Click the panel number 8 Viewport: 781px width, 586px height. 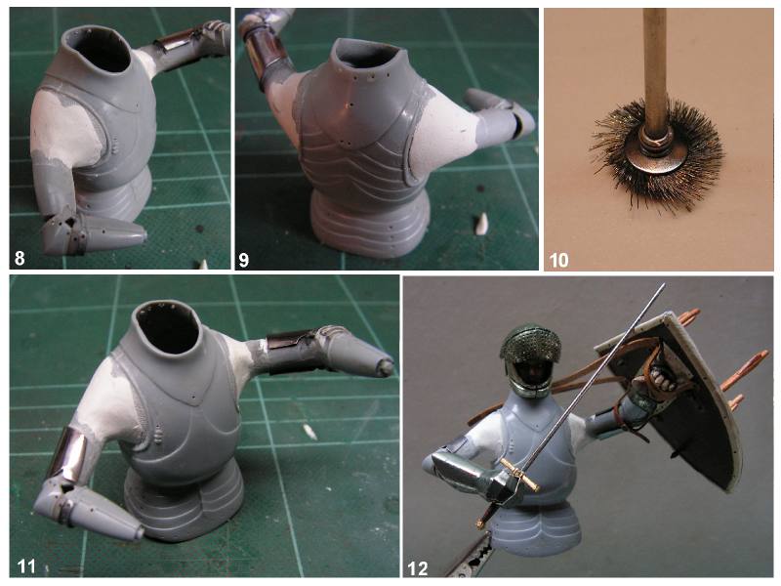tap(20, 259)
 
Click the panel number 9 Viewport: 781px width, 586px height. tap(243, 260)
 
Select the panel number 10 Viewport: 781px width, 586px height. tap(558, 260)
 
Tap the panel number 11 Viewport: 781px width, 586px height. tap(26, 566)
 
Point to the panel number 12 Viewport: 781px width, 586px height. tap(418, 568)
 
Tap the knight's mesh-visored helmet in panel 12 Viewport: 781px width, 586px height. tap(531, 359)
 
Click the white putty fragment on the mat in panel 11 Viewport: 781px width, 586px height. tap(309, 432)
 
